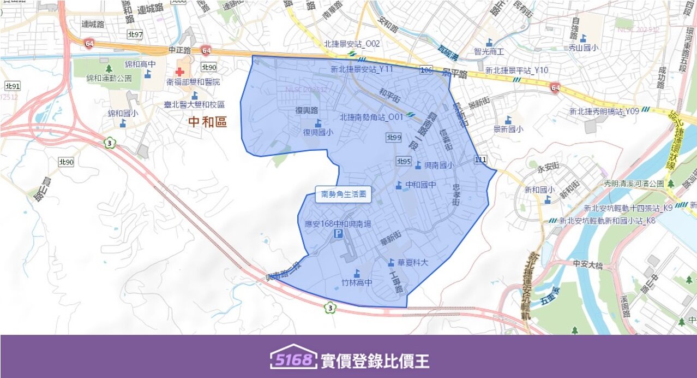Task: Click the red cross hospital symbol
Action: (x=180, y=72)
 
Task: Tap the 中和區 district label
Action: (x=207, y=122)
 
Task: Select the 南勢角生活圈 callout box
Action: (x=343, y=194)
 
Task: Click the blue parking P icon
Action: (x=338, y=234)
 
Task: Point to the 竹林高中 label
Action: (x=357, y=282)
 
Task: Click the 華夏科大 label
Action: (x=413, y=263)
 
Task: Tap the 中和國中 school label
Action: (x=420, y=185)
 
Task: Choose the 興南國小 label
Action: (x=438, y=165)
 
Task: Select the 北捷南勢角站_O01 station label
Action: (x=371, y=117)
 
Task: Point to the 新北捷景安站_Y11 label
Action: (x=362, y=69)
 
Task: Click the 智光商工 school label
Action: (x=489, y=51)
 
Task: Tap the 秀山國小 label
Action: (x=583, y=48)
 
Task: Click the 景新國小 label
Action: (x=508, y=129)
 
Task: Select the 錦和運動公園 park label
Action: (x=109, y=78)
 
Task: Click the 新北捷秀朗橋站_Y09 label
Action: (x=604, y=111)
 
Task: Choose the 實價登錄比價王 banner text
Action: (x=375, y=361)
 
